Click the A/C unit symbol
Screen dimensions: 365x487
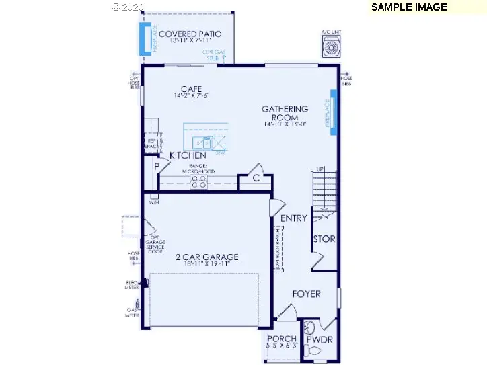click(331, 48)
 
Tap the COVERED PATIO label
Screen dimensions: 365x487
click(190, 34)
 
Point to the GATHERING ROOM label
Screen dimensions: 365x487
click(285, 113)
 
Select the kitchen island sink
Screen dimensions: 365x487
click(201, 143)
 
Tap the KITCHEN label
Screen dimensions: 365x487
click(188, 155)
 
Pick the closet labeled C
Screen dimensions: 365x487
click(256, 179)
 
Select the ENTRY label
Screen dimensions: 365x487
click(294, 218)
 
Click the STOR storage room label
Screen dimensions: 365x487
click(324, 239)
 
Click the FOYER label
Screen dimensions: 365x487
click(306, 294)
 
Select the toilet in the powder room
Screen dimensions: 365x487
click(309, 328)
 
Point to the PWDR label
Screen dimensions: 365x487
click(320, 340)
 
